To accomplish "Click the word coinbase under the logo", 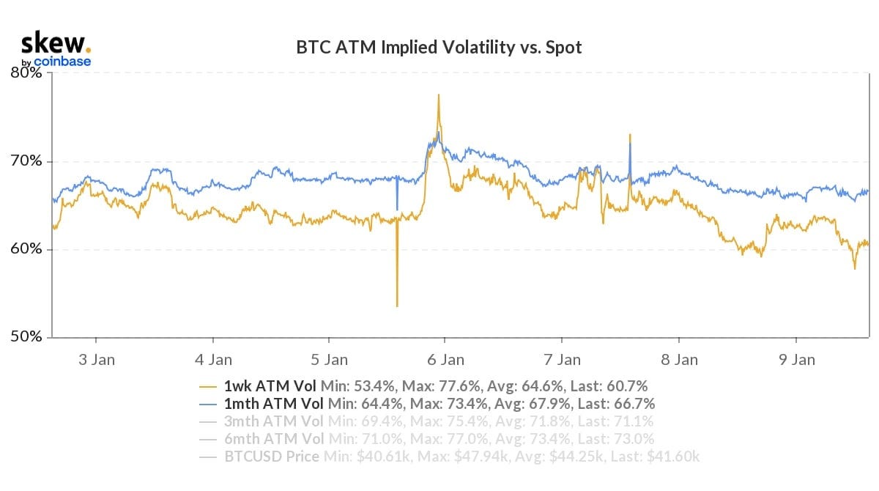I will [62, 62].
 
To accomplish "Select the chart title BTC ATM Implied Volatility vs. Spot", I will [439, 48].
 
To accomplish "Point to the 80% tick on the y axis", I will [28, 73].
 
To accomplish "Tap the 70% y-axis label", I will [28, 161].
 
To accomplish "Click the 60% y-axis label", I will [28, 249].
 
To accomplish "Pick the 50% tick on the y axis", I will [28, 337].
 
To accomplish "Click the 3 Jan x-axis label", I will [96, 360].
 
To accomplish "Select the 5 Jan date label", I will [330, 360].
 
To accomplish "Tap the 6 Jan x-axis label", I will [446, 360].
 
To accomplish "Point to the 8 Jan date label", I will [680, 360].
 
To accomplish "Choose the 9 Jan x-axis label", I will [796, 360].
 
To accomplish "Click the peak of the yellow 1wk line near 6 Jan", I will [438, 95].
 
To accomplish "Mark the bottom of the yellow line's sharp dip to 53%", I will [397, 306].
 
